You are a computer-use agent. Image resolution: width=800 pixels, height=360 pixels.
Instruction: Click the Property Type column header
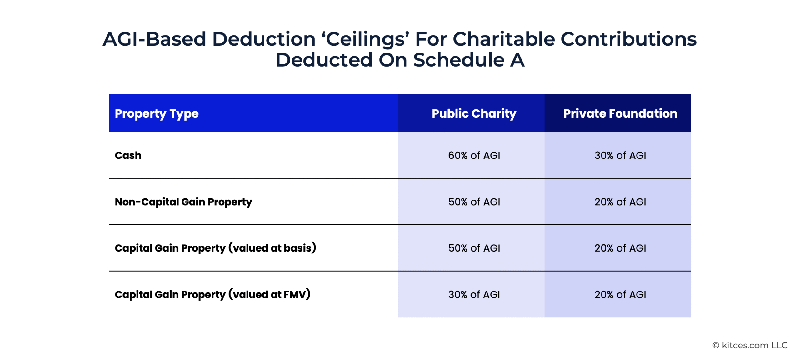[157, 114]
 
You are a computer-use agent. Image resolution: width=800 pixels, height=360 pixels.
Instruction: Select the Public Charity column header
[474, 113]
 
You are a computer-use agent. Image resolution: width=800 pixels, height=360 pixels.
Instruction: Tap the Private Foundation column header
[620, 113]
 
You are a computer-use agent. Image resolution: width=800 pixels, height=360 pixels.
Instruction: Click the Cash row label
[128, 155]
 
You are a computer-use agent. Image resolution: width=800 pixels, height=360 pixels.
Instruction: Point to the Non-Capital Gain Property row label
[183, 202]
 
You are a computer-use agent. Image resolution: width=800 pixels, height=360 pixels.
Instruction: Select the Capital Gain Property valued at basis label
[216, 248]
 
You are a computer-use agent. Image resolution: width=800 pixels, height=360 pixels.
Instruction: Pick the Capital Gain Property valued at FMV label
[212, 294]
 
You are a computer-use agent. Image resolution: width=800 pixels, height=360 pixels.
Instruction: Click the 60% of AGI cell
[474, 155]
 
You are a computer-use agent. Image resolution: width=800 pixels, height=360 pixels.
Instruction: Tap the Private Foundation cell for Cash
[620, 155]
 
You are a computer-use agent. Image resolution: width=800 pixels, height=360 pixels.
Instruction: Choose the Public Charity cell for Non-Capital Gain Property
[474, 202]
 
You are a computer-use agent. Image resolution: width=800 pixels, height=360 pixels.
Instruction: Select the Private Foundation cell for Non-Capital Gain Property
[620, 202]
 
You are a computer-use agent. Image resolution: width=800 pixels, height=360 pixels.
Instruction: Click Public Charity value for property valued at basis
[474, 248]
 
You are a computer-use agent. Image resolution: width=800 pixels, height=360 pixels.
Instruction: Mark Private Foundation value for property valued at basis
[620, 248]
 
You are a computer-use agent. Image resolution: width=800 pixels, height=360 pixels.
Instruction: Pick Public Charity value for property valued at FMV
[474, 294]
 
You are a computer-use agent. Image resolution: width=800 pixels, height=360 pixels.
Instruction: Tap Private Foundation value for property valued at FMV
[620, 294]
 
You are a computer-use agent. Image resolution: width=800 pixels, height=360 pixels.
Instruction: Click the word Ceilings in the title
[365, 40]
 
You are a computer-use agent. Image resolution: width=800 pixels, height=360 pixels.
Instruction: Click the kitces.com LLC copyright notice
[750, 345]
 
